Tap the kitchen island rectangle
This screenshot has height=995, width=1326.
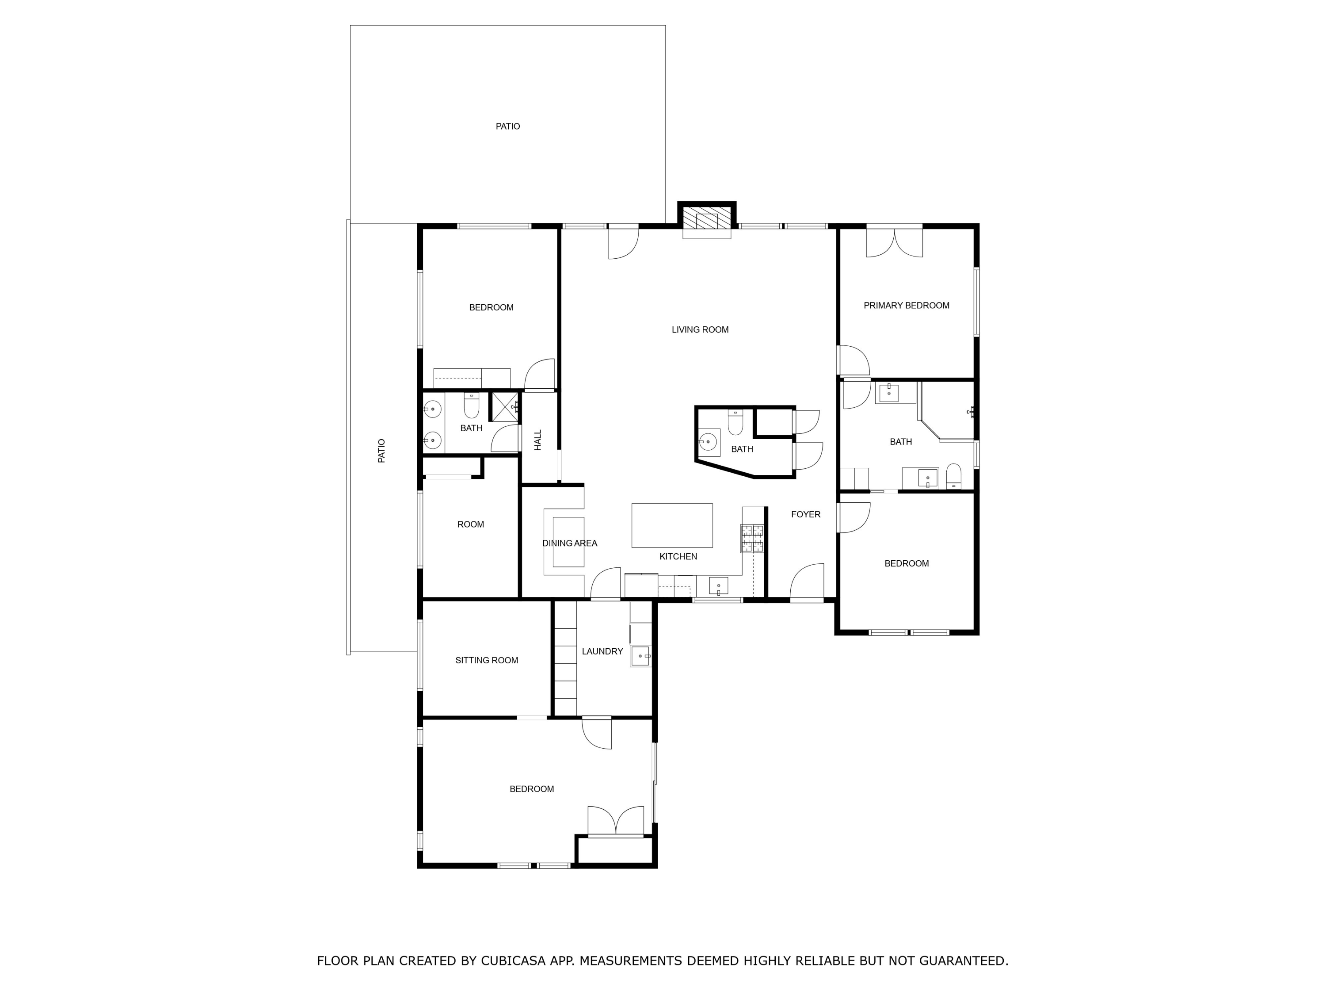click(x=672, y=525)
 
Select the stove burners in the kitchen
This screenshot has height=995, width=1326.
click(x=753, y=538)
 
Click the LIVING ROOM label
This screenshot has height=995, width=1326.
click(x=700, y=329)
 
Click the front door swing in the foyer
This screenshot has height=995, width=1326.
click(x=808, y=581)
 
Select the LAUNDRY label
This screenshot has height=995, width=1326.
click(x=602, y=651)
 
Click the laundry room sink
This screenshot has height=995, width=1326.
click(x=640, y=656)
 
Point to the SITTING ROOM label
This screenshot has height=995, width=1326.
click(x=486, y=660)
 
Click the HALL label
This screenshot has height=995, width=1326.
click(x=538, y=440)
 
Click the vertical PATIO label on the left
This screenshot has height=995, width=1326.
click(x=381, y=451)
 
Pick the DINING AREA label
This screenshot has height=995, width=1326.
click(x=569, y=543)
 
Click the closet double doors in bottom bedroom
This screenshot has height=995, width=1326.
click(x=616, y=822)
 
